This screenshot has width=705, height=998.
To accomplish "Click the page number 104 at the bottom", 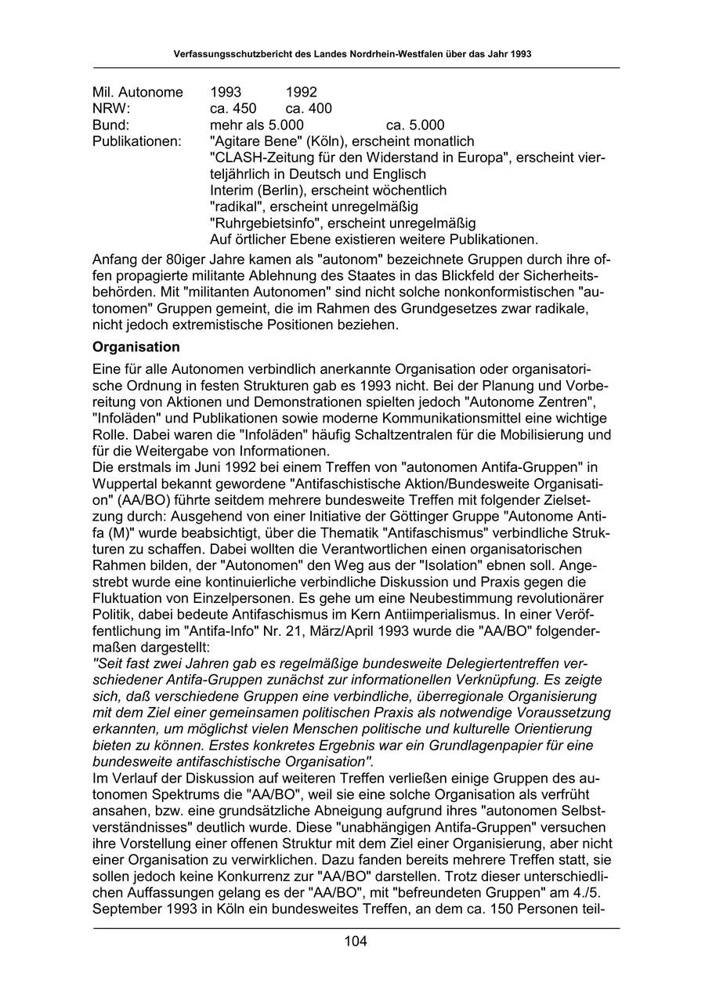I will [355, 942].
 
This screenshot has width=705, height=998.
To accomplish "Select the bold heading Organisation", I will [136, 347].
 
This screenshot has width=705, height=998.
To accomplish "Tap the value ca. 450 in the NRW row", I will [233, 108].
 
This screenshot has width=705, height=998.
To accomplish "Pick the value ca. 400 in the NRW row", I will [309, 108].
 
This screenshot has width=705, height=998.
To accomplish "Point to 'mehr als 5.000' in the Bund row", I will [257, 125].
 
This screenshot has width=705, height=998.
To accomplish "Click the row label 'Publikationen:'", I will [136, 141].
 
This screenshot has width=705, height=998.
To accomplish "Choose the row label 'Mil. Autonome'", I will [137, 92].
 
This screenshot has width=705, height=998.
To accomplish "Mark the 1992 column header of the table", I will [302, 92].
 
